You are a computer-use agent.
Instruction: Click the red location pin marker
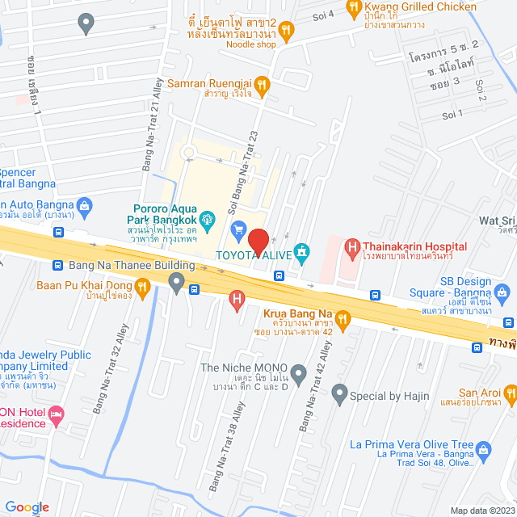tap(258, 242)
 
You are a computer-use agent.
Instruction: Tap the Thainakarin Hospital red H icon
tap(351, 246)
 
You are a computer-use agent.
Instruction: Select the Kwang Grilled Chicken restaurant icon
tap(353, 8)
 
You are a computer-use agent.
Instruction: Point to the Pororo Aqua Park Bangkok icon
tap(208, 217)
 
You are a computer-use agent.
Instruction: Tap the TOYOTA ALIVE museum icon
tap(302, 253)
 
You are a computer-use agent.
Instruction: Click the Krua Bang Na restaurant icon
tap(343, 319)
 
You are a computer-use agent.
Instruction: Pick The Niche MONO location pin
tap(298, 374)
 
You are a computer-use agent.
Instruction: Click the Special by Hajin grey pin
tap(339, 396)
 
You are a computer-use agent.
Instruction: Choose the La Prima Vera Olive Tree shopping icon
tap(483, 450)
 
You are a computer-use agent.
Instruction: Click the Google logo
tap(26, 506)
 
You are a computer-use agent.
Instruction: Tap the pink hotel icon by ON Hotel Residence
tap(57, 414)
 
